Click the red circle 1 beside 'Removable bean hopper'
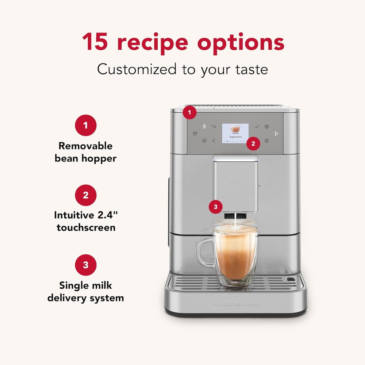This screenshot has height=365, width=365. tap(85, 126)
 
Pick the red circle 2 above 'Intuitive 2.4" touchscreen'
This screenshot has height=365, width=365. tap(85, 195)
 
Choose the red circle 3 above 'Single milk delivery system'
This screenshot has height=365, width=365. tap(85, 265)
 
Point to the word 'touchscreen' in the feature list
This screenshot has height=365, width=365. tap(86, 227)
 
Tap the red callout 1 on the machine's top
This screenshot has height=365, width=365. tap(189, 112)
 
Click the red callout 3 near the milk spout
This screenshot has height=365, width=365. tap(215, 207)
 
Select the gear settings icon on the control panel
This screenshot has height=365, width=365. tap(267, 127)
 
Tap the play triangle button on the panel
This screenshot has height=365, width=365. tap(276, 134)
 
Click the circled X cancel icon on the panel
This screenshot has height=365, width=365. tap(267, 141)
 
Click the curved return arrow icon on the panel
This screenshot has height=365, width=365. tap(214, 127)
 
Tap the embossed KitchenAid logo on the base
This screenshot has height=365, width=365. tap(236, 303)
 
